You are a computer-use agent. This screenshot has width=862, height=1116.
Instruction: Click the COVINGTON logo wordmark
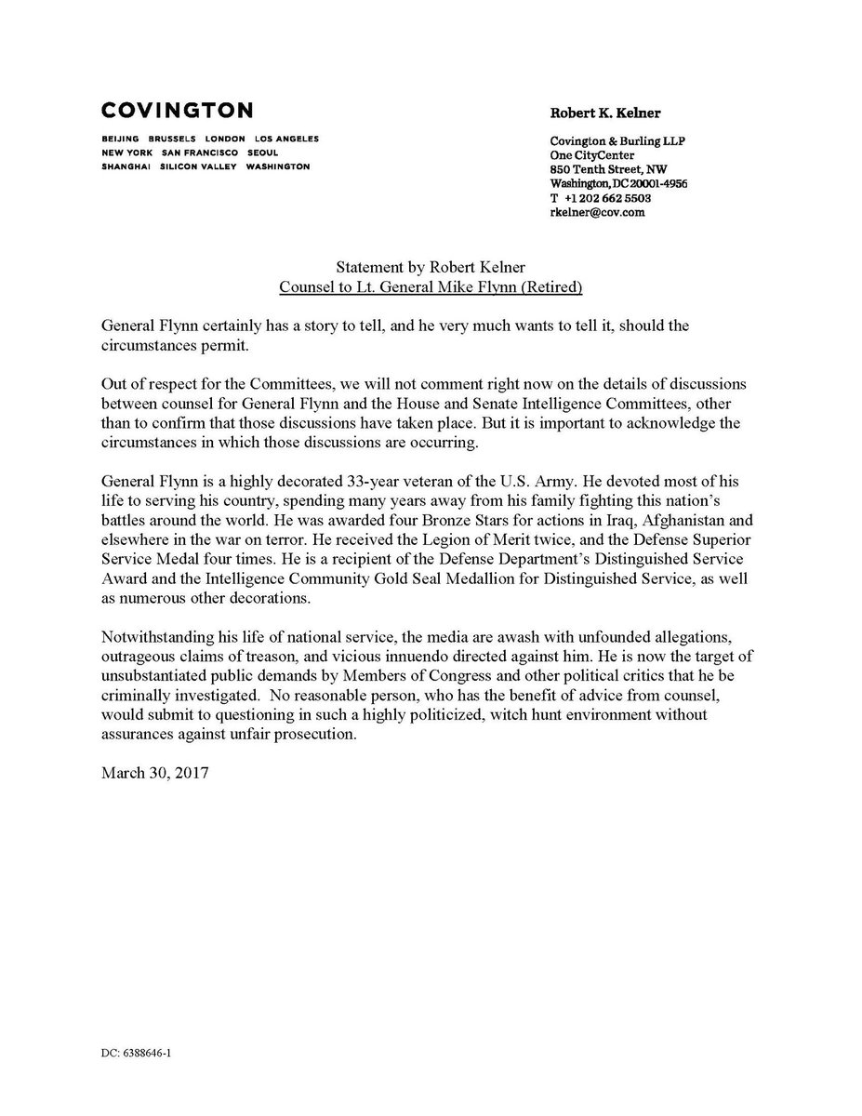(177, 111)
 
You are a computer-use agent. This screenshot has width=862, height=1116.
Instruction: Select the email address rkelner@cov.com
(597, 212)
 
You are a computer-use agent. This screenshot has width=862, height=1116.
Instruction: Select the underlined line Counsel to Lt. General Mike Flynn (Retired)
(431, 287)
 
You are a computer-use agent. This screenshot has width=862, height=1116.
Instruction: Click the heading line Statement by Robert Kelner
(431, 270)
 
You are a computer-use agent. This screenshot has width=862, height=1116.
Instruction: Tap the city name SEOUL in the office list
(263, 153)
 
